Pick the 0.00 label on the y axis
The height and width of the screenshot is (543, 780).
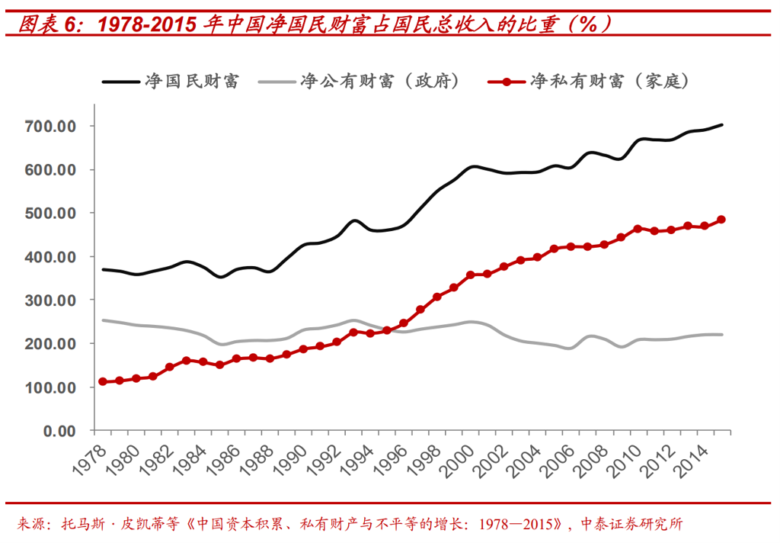[64, 432]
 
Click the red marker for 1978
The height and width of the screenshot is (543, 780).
[103, 381]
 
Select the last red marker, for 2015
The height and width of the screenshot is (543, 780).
[721, 220]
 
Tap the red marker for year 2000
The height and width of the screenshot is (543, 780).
[471, 275]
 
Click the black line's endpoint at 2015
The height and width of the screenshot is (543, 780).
[721, 124]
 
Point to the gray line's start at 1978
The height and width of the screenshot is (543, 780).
[103, 320]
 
